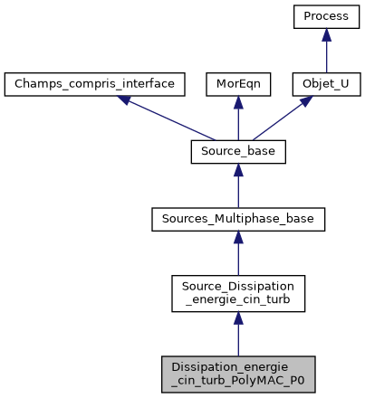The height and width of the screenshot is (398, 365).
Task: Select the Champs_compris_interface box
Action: [x=95, y=85]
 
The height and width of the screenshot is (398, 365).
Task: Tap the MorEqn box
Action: [x=238, y=85]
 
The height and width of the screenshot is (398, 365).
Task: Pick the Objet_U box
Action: [x=325, y=85]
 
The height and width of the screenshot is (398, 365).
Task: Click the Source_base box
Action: [x=238, y=152]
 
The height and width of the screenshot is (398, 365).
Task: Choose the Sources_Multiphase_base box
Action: [x=238, y=219]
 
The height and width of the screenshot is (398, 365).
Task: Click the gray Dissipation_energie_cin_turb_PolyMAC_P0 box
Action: [x=238, y=374]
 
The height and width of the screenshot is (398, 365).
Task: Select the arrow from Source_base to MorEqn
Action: [x=238, y=118]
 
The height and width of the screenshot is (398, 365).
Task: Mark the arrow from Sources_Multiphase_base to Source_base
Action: [x=238, y=185]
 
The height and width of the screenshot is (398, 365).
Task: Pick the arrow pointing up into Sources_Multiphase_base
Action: [x=238, y=252]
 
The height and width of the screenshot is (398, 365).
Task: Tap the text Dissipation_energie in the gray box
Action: [x=238, y=366]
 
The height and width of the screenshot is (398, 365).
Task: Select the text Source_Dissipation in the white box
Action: [x=238, y=284]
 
